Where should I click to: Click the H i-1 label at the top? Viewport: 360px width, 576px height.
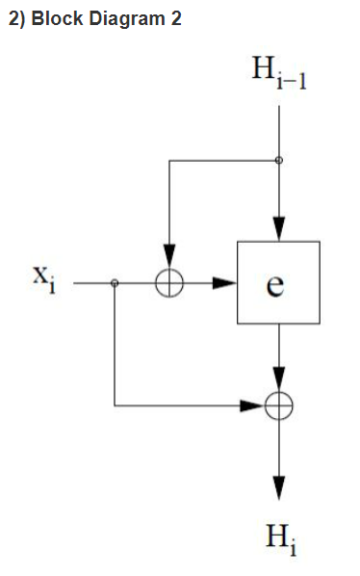point(278,73)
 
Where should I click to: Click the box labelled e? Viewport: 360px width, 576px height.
point(278,283)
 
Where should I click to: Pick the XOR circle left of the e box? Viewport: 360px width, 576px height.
point(168,283)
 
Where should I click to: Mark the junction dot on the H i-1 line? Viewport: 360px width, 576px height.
point(278,160)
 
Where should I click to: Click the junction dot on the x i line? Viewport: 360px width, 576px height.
point(115,283)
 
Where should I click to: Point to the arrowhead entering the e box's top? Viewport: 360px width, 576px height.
point(278,230)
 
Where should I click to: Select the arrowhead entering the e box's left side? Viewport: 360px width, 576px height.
point(225,283)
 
